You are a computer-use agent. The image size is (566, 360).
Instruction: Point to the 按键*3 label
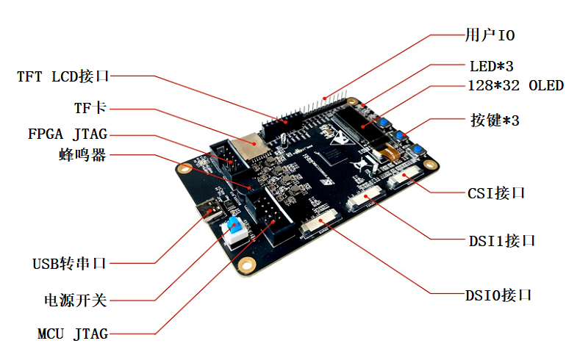pos(494,120)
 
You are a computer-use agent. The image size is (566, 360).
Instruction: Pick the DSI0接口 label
pos(498,295)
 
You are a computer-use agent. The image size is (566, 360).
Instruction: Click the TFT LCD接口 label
pos(63,76)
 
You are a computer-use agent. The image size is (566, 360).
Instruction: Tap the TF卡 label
pos(90,108)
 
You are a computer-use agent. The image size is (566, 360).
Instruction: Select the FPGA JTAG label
pos(67,134)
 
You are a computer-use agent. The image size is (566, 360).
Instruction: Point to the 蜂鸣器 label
pos(82,155)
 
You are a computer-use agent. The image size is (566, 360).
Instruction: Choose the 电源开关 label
pos(76,300)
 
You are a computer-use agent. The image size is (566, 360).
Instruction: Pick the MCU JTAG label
pos(73,334)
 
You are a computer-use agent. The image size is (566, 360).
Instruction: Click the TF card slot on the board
pos(246,148)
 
